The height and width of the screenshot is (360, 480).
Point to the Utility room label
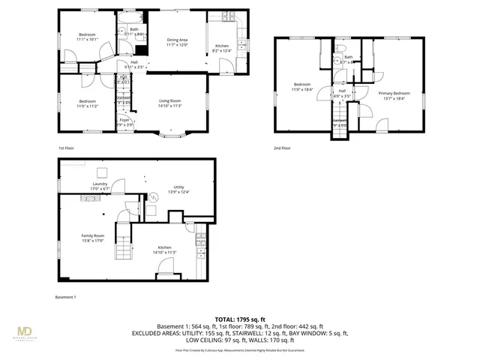(178, 187)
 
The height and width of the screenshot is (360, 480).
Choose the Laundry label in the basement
(100, 184)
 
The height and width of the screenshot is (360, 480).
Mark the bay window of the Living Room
(172, 136)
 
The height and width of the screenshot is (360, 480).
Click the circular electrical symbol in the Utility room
(154, 198)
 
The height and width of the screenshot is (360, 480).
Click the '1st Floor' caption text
(67, 148)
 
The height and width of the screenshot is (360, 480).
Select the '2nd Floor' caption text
(282, 148)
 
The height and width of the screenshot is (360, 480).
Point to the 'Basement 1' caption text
(65, 298)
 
